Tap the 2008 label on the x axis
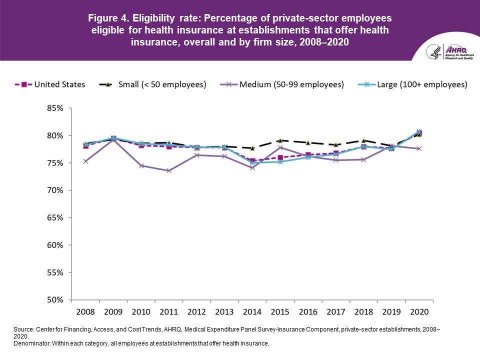point(85,311)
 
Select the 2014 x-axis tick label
point(252,311)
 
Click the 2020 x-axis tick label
point(419,311)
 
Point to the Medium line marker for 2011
point(169,170)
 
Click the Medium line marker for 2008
point(85,161)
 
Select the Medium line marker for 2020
point(419,148)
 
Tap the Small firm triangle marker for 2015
point(280,140)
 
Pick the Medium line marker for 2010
point(141,165)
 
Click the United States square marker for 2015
point(280,157)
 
